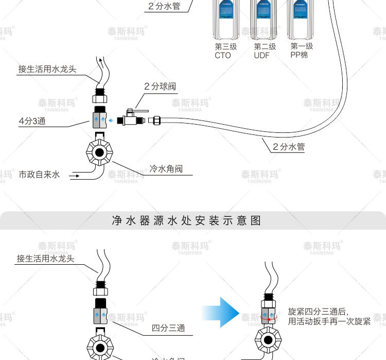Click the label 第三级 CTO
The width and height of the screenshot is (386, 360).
click(225, 50)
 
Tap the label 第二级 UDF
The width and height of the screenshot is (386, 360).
click(265, 50)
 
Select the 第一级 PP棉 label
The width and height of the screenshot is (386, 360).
click(302, 50)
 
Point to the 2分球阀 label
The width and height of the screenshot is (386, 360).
click(160, 87)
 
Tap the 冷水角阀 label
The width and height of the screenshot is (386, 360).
click(166, 168)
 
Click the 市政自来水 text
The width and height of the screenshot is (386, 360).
click(39, 175)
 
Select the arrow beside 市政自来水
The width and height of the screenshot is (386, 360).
click(75, 177)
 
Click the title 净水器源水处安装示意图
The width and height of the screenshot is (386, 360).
click(186, 221)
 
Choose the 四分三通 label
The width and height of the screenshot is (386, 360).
click(168, 328)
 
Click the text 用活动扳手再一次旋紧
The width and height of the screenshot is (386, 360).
click(329, 321)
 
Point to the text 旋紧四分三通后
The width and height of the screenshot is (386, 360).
click(319, 312)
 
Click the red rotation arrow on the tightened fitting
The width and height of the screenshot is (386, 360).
click(269, 320)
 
